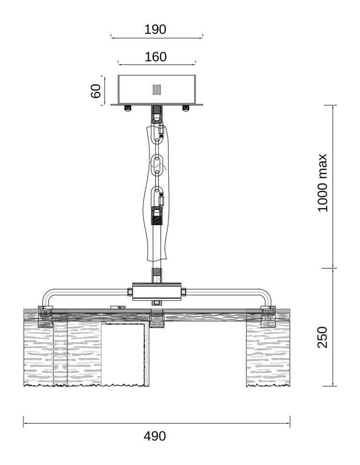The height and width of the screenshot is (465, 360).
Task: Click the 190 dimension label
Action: [x=155, y=29]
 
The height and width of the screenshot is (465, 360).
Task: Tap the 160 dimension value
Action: [x=156, y=57]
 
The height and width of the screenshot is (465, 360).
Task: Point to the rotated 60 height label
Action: [x=96, y=91]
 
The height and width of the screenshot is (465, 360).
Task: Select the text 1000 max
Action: [x=322, y=183]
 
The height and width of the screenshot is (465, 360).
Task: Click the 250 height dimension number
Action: [x=322, y=337]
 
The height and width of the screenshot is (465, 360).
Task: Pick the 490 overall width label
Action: [x=155, y=436]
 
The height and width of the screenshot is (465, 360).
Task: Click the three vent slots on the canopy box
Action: [x=157, y=90]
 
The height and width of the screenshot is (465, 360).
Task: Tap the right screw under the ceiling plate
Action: [x=186, y=108]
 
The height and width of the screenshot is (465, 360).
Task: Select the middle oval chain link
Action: [x=157, y=165]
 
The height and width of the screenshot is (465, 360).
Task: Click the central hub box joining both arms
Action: [x=157, y=292]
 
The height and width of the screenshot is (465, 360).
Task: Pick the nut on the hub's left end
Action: [x=130, y=292]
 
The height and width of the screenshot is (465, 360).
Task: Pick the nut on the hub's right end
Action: [x=184, y=292]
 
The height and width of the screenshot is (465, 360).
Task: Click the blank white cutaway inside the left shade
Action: [x=123, y=354]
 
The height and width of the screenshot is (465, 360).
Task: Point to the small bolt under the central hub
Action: [x=157, y=303]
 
